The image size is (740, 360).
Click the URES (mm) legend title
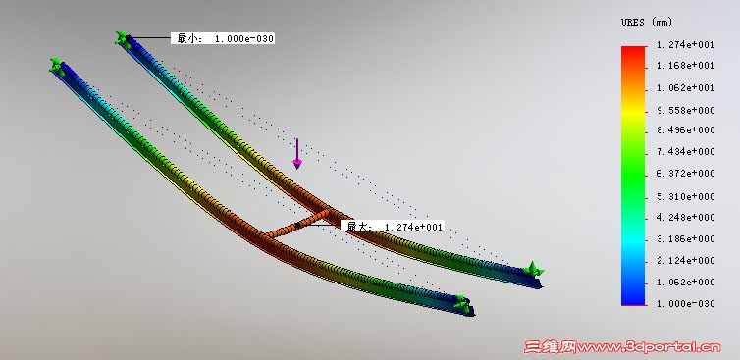click(x=646, y=22)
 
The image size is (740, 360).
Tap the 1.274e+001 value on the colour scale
click(x=685, y=45)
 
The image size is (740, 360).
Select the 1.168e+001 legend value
click(x=685, y=66)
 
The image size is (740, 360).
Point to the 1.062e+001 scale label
click(x=685, y=88)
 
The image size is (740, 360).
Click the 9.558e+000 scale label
click(x=685, y=111)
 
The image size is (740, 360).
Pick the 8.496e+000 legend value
click(x=685, y=130)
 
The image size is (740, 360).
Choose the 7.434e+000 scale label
click(x=685, y=152)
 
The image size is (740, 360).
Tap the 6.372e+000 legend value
click(x=685, y=174)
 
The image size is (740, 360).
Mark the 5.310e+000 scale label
click(x=685, y=197)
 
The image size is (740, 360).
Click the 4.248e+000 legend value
click(x=685, y=218)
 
